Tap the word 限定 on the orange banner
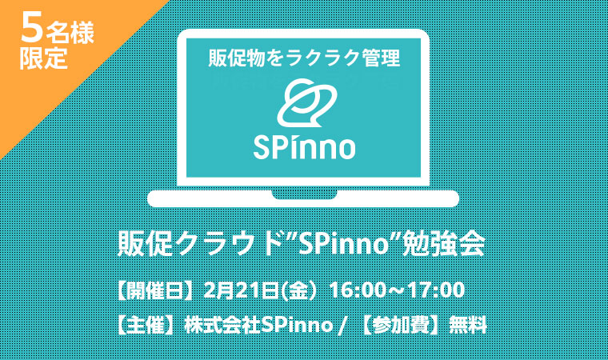click(44, 58)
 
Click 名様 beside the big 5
click(70, 33)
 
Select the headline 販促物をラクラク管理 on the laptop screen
click(304, 58)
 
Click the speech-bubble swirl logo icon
click(306, 102)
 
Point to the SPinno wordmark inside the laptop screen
click(304, 147)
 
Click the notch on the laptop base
click(304, 194)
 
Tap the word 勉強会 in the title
click(444, 244)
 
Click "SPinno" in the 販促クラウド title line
click(344, 244)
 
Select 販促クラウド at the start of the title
click(199, 244)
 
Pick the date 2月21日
click(241, 290)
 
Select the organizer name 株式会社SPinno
click(258, 325)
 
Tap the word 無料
click(467, 325)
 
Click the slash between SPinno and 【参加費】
click(342, 326)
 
